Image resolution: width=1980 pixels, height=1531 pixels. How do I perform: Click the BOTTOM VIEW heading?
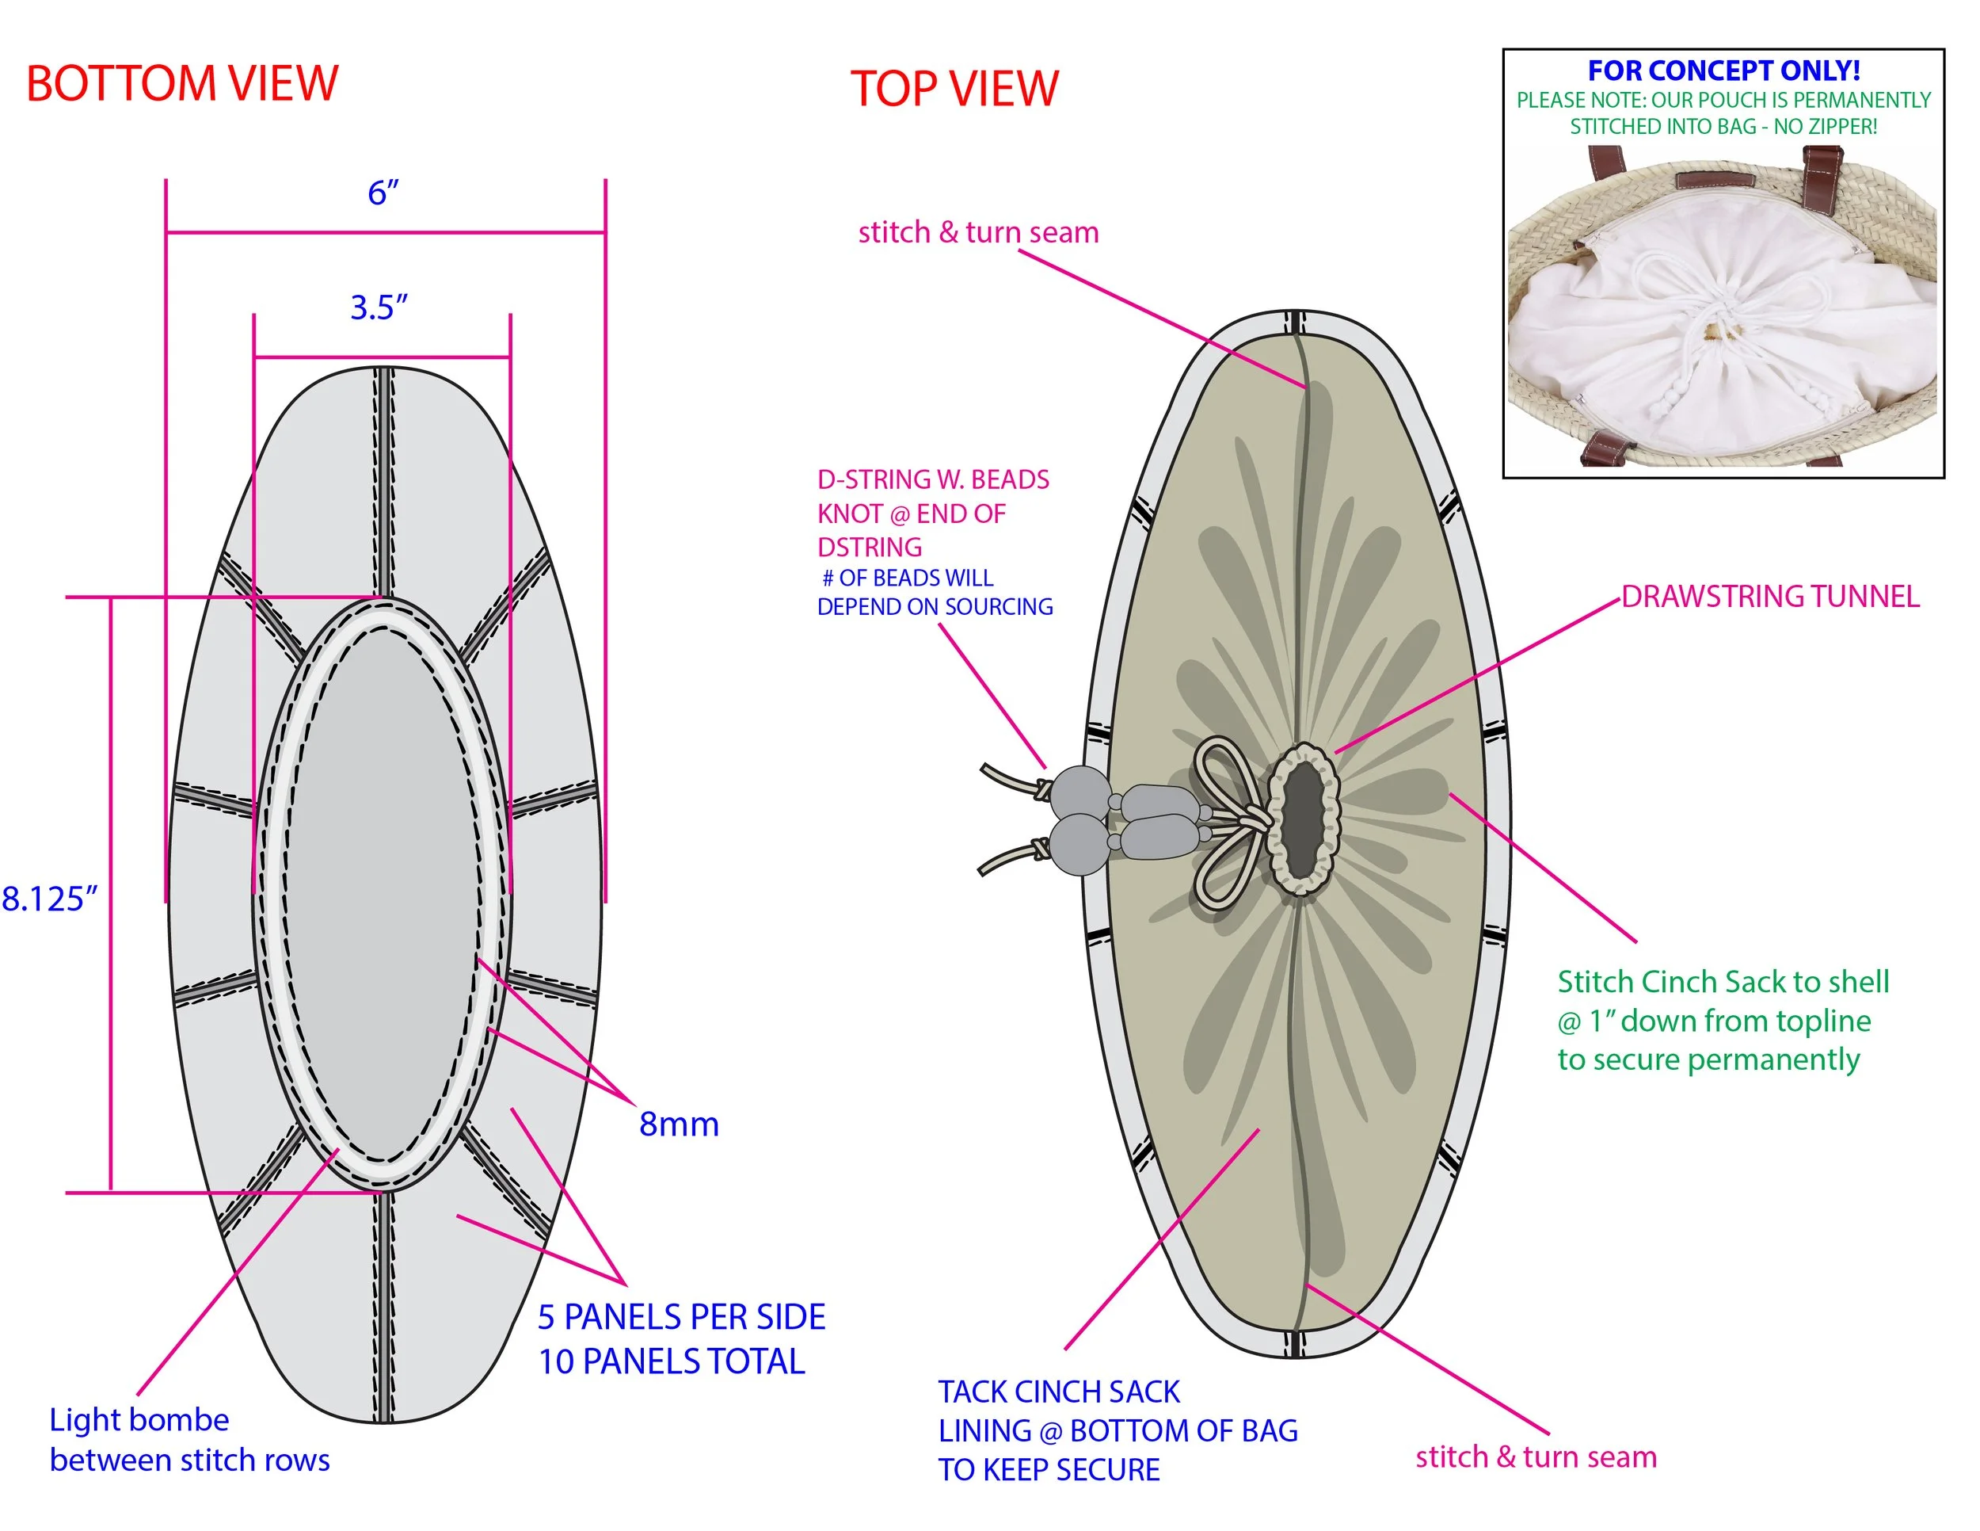coord(181,83)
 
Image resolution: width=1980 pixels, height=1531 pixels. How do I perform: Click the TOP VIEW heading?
coord(954,89)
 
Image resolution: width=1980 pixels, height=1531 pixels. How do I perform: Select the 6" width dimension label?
coord(383,193)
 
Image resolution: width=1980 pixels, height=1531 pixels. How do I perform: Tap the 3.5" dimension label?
coord(379,307)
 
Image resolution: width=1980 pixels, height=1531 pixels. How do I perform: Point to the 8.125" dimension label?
coord(49,899)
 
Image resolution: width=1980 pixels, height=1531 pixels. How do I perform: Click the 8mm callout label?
coord(678,1124)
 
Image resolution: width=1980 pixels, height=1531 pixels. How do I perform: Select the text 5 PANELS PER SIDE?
coord(681,1317)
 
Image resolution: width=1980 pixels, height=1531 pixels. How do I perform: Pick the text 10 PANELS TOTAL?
coord(671,1361)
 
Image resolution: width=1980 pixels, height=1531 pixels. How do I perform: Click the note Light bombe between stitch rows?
coord(188,1439)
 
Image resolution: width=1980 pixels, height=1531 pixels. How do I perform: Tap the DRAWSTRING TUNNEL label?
coord(1769,597)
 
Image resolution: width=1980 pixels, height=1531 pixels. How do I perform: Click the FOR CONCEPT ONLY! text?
coord(1723,71)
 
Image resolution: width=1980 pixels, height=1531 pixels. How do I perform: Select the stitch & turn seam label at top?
coord(978,232)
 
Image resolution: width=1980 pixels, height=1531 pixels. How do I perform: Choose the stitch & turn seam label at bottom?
coord(1536,1457)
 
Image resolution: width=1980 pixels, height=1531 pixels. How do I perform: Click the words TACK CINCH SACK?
coord(1058,1392)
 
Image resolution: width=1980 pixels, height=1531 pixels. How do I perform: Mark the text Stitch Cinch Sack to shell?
coord(1723,981)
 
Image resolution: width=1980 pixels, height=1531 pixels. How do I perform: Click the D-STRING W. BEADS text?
coord(933,479)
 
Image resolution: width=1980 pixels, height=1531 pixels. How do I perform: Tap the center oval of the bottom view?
coord(382,893)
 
